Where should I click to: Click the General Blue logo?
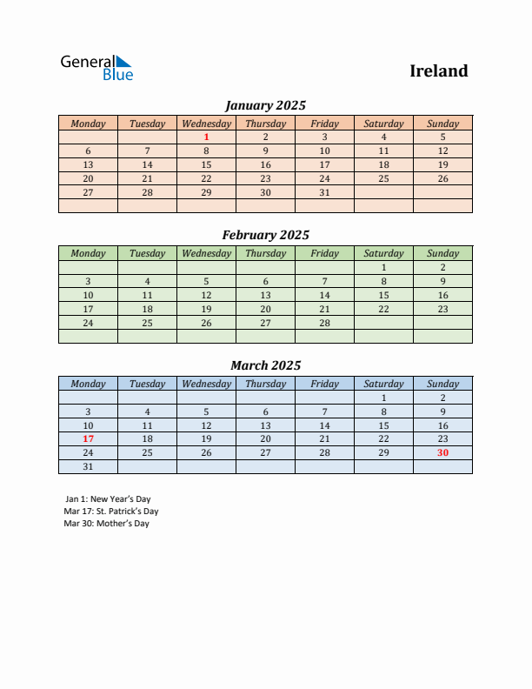(96, 68)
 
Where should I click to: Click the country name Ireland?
(439, 71)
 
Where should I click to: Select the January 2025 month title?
(265, 105)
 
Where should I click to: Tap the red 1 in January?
(206, 137)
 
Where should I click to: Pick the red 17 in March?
(88, 439)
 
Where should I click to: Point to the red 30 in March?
(442, 453)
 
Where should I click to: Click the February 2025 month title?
(265, 235)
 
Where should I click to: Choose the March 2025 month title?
(265, 365)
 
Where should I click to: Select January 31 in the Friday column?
(324, 192)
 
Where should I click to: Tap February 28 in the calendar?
(324, 323)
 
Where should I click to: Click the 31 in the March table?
(88, 467)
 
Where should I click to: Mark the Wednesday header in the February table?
(206, 253)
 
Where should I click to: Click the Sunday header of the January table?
(442, 124)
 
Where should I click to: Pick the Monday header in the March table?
(88, 384)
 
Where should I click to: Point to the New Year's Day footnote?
(108, 499)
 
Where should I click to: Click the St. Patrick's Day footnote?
(111, 512)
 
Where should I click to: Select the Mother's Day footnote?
(107, 524)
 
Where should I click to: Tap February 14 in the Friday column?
(324, 295)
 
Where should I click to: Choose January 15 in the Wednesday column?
(206, 164)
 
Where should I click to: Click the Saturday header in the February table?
(383, 253)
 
